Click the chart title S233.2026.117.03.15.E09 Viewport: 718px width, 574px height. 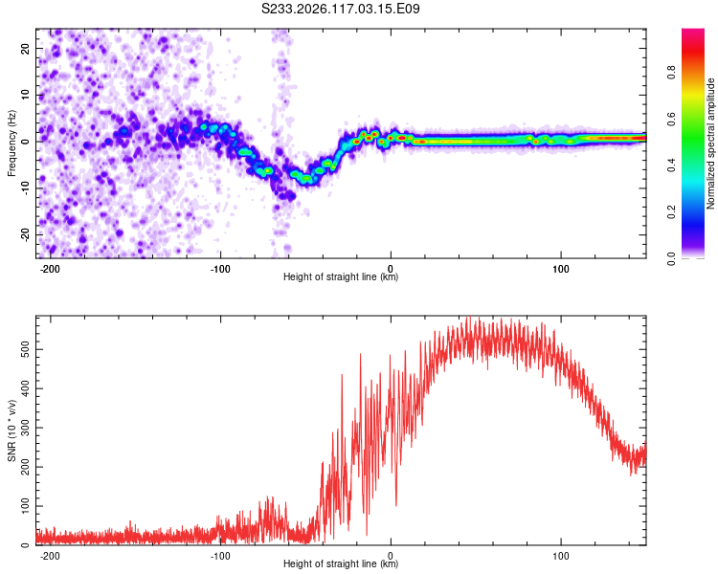(340, 9)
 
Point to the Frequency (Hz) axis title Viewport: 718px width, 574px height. (11, 143)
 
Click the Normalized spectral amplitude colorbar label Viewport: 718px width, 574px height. (710, 143)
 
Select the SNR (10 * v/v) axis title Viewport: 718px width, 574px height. (11, 430)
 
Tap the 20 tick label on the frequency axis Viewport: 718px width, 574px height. (25, 48)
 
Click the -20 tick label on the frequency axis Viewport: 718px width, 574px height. (25, 235)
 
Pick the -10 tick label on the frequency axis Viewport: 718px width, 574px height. (25, 188)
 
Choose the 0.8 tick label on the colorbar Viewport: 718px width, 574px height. (671, 73)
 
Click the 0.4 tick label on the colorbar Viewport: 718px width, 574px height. (671, 166)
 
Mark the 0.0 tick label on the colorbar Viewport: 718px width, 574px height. (671, 258)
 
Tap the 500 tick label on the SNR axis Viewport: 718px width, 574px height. (25, 350)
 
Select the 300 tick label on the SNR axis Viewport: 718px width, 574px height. (25, 428)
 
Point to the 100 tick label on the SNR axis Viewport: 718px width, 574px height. (25, 506)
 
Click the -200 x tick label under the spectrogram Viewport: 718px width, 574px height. (50, 269)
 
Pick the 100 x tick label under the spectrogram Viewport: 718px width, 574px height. (561, 269)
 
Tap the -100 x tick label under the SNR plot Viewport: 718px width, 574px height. (220, 556)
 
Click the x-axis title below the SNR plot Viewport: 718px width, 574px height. (341, 563)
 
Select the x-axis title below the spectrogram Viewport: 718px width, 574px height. (341, 276)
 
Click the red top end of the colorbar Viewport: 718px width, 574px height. (693, 33)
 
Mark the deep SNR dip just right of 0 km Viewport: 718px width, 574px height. (396, 503)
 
